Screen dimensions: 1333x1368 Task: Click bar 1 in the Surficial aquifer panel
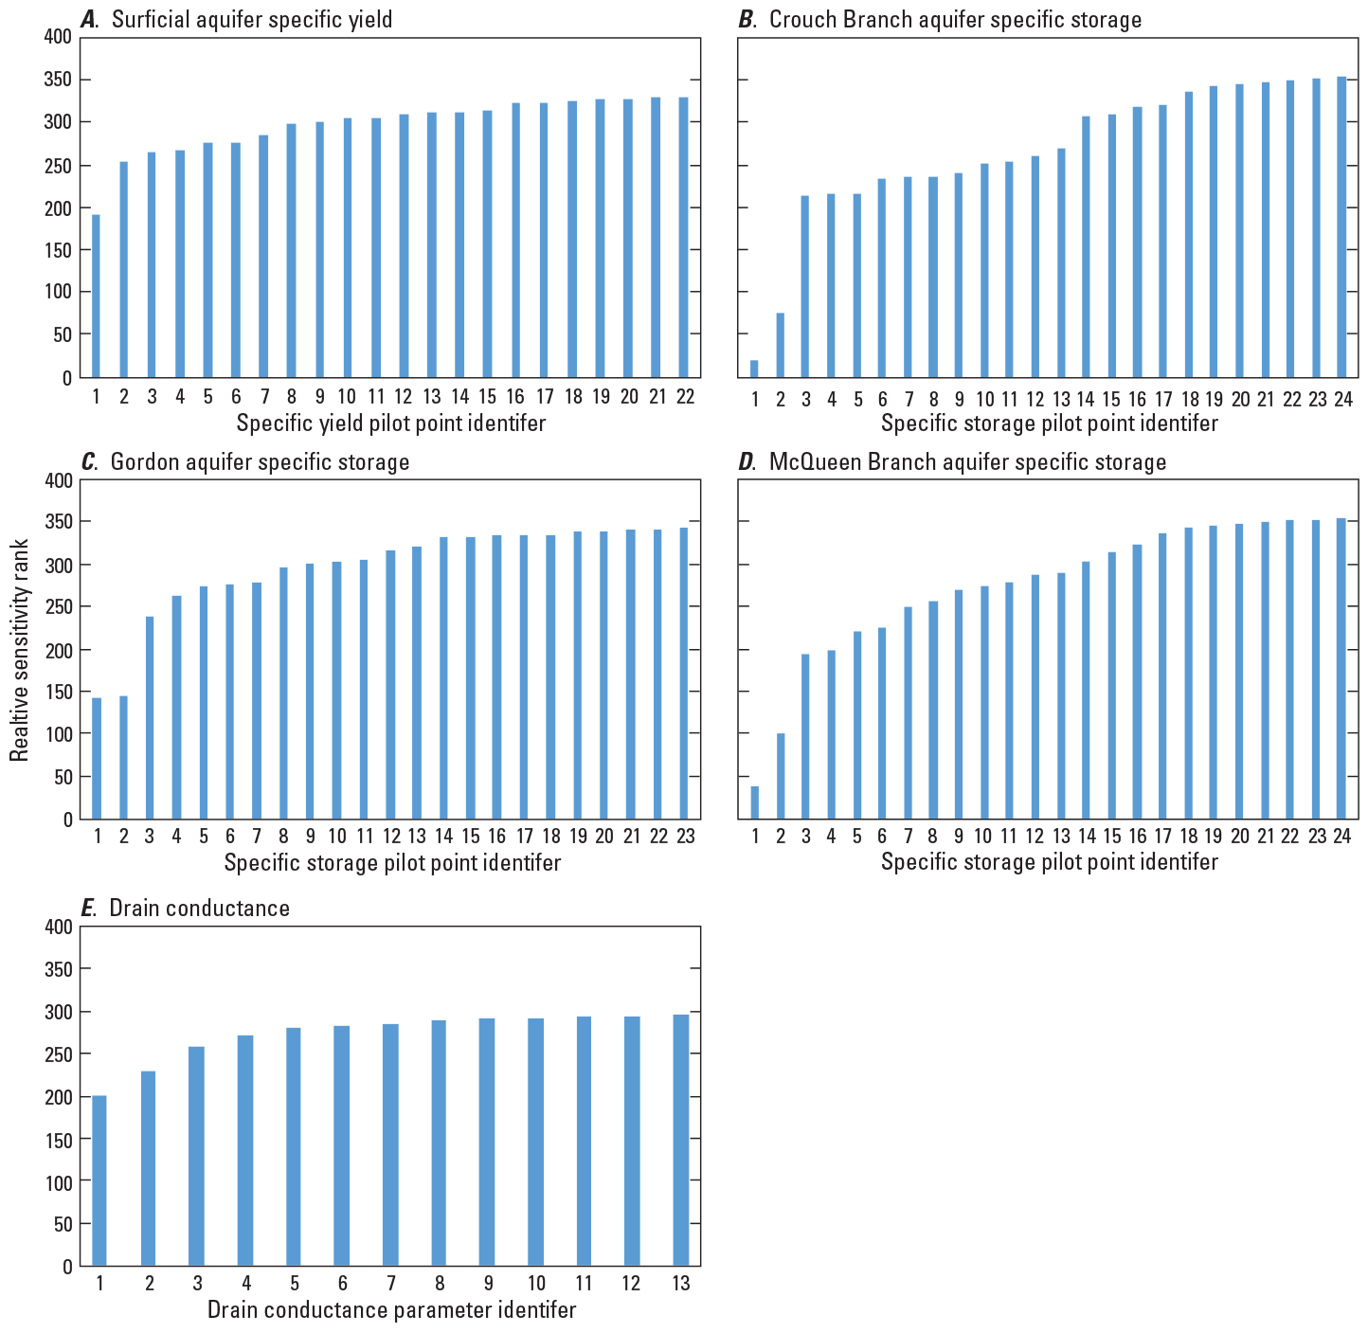(x=96, y=296)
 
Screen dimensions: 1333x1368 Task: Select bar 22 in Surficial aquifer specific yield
(x=684, y=237)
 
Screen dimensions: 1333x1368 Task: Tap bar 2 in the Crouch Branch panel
(x=780, y=345)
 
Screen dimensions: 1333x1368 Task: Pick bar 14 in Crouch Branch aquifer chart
(x=1086, y=246)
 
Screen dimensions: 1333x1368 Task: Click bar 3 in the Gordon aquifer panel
(x=150, y=717)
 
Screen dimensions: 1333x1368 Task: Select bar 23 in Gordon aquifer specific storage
(x=684, y=673)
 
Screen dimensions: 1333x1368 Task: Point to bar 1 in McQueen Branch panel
(x=754, y=802)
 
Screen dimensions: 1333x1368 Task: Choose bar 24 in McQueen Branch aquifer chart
(x=1341, y=668)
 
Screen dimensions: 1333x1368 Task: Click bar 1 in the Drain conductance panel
(x=99, y=1180)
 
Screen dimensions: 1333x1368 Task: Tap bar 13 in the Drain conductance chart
(x=680, y=1140)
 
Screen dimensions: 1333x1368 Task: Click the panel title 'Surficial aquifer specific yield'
(x=251, y=20)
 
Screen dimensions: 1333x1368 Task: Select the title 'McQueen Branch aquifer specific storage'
(x=967, y=462)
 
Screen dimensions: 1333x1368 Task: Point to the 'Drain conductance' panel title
(x=199, y=908)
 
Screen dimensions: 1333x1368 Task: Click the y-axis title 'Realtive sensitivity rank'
(x=21, y=649)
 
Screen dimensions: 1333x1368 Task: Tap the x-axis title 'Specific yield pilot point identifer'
(x=390, y=423)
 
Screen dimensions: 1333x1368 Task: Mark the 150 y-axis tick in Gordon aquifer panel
(x=59, y=693)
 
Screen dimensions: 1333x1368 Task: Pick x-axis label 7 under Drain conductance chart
(x=390, y=1284)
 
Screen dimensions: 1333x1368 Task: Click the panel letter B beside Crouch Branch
(x=747, y=20)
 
